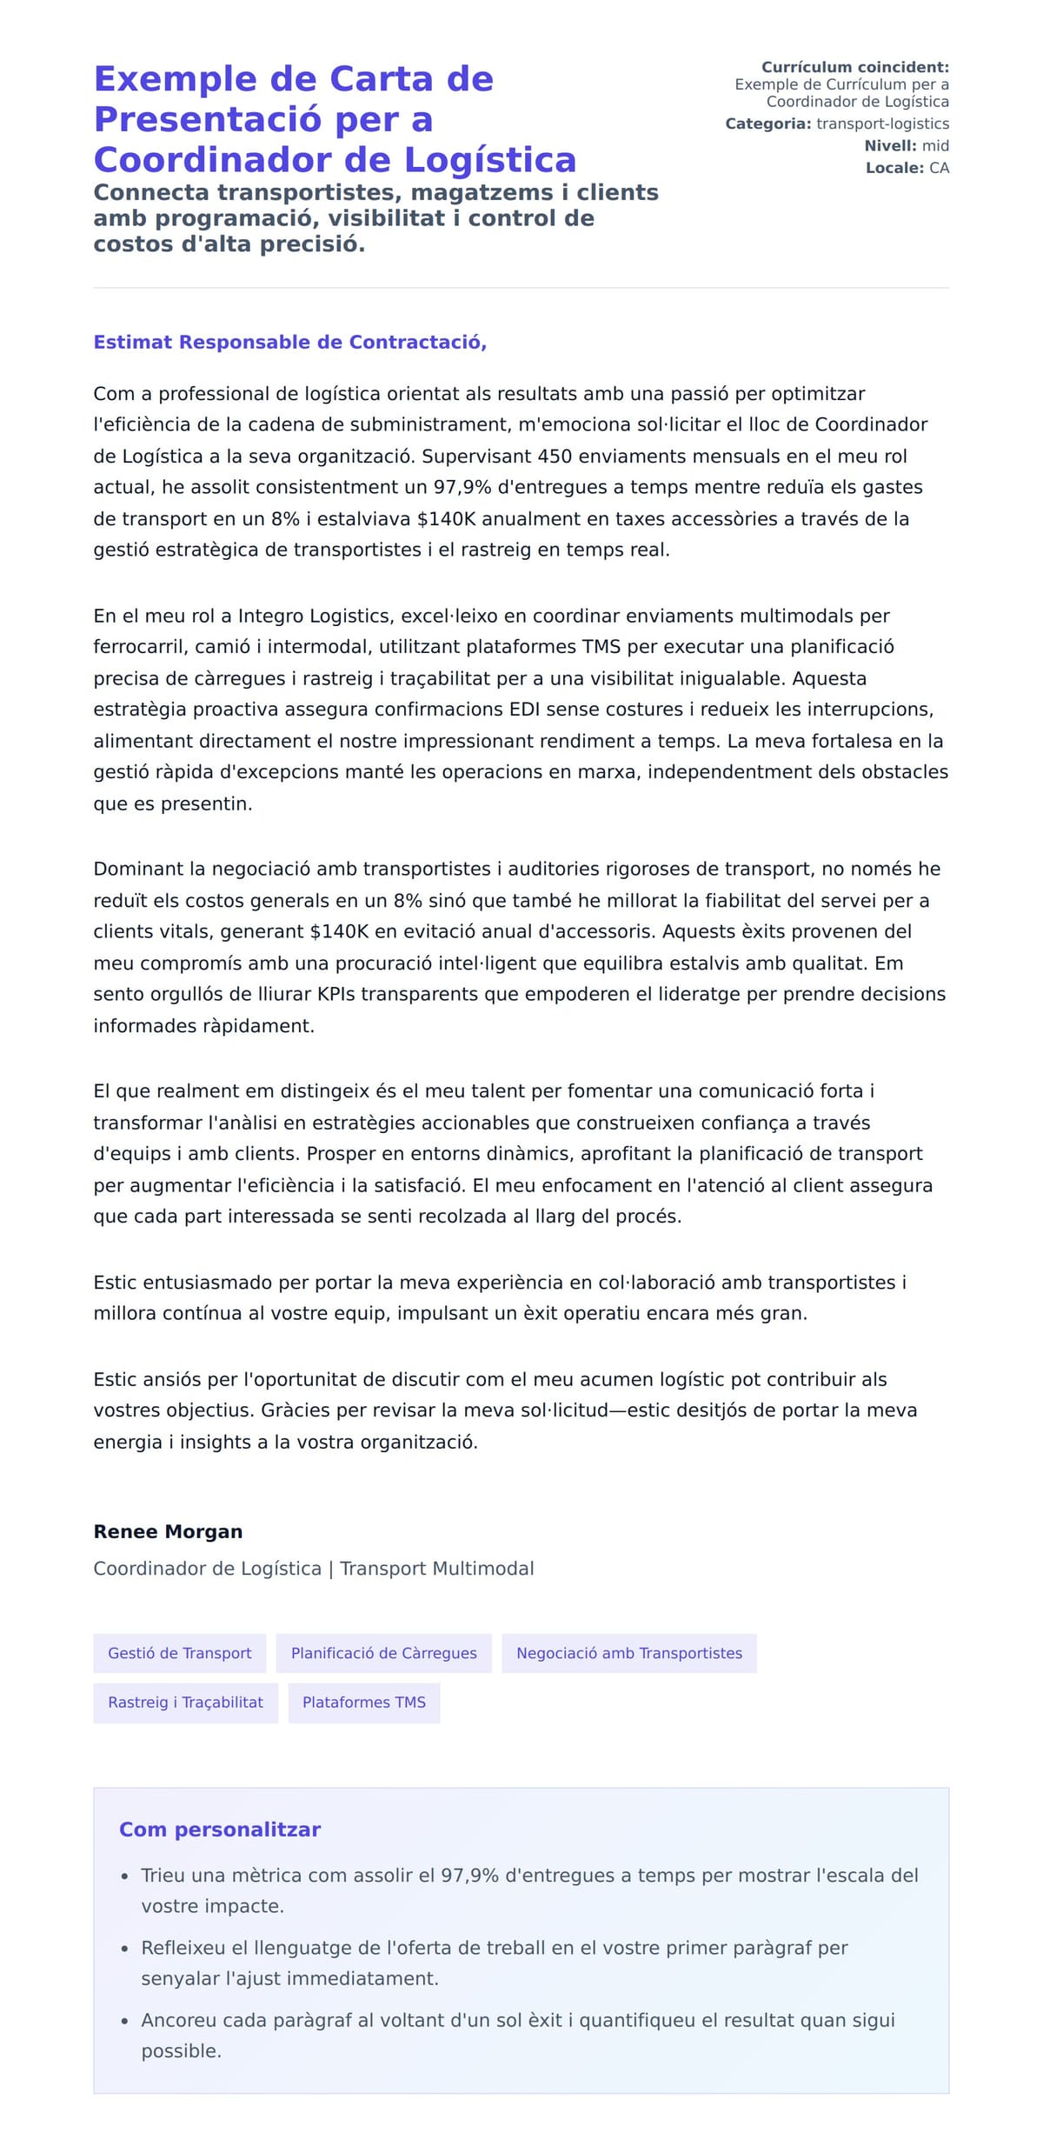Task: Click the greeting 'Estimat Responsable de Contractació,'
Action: (x=289, y=343)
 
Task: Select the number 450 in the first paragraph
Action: (x=555, y=457)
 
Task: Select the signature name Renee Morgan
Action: (x=168, y=1531)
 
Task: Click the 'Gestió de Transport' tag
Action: (x=180, y=1653)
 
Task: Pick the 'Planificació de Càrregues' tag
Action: (x=383, y=1653)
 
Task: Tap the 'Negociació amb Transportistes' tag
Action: (x=629, y=1653)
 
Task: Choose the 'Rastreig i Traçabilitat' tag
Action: (x=185, y=1702)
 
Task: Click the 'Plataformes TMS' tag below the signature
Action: (x=364, y=1702)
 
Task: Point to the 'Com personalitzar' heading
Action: (x=220, y=1830)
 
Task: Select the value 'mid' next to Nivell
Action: (x=935, y=146)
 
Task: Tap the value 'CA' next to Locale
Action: (x=939, y=168)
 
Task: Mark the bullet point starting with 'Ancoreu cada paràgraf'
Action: (x=518, y=2035)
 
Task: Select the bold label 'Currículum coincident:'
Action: (x=855, y=67)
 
